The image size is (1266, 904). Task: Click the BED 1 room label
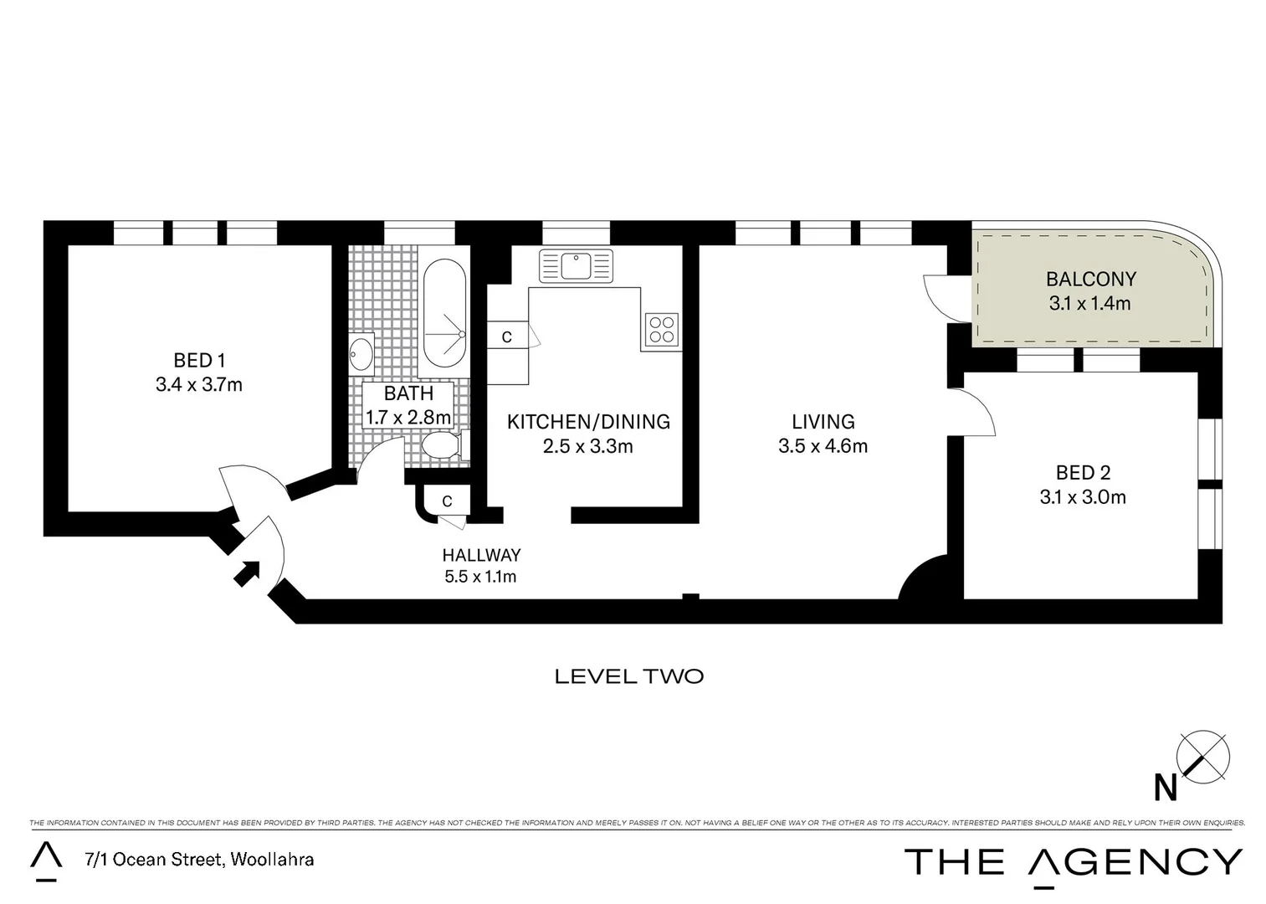pyautogui.click(x=199, y=361)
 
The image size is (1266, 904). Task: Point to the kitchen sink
pyautogui.click(x=577, y=266)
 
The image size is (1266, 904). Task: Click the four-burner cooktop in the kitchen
pyautogui.click(x=661, y=329)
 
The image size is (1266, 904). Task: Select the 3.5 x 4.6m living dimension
pyautogui.click(x=823, y=446)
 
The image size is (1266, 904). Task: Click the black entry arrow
pyautogui.click(x=247, y=573)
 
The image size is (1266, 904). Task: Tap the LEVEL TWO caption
pyautogui.click(x=629, y=676)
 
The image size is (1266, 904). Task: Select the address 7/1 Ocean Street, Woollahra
pyautogui.click(x=199, y=859)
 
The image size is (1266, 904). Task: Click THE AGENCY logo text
pyautogui.click(x=1074, y=862)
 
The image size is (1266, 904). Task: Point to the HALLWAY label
pyautogui.click(x=481, y=555)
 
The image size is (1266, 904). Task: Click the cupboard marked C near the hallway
pyautogui.click(x=447, y=501)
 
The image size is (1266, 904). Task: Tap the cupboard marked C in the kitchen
pyautogui.click(x=507, y=336)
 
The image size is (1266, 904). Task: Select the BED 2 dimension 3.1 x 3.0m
pyautogui.click(x=1083, y=497)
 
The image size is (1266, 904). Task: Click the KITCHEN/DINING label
pyautogui.click(x=588, y=422)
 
